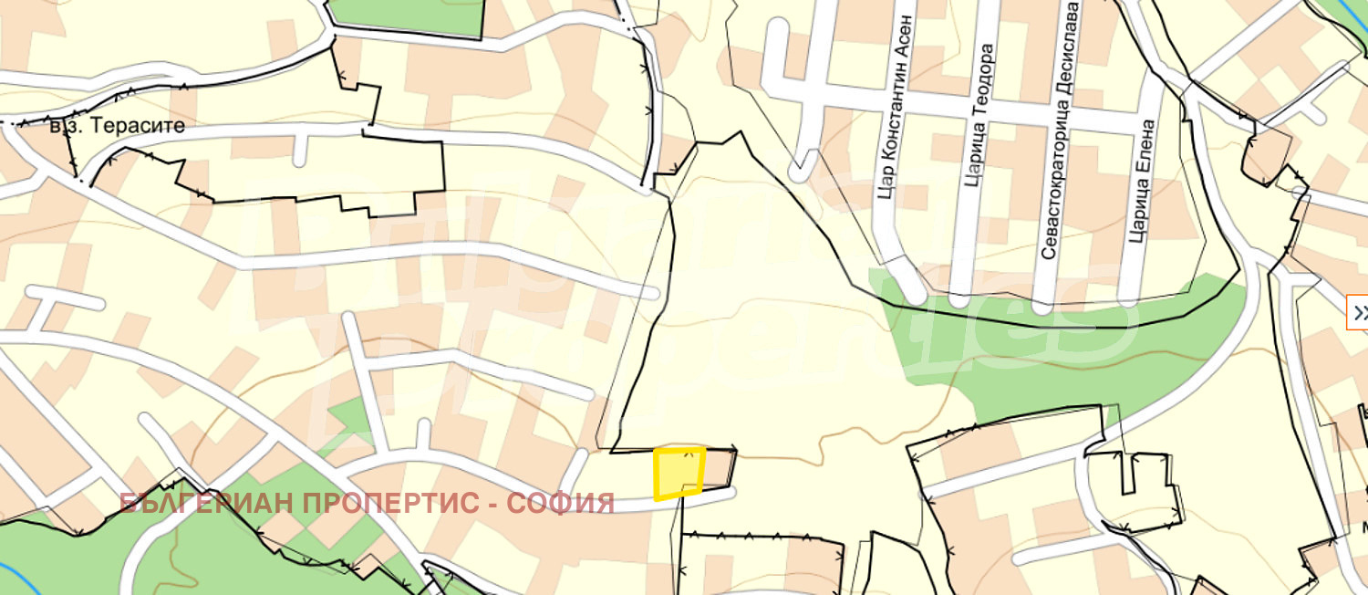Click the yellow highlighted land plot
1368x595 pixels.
(679, 473)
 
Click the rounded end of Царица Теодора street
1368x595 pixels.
(958, 297)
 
